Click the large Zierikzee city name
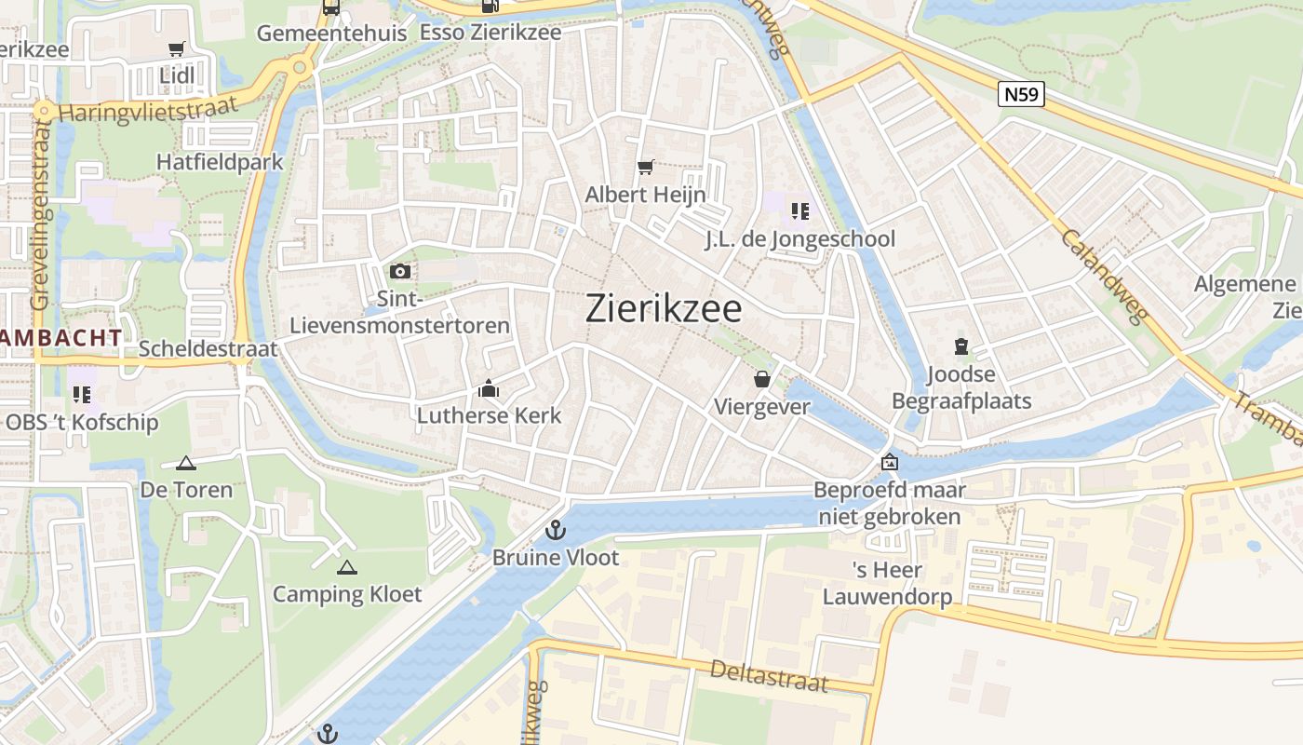(x=664, y=308)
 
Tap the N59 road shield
(x=1021, y=94)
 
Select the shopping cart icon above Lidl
(x=176, y=48)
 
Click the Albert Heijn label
(x=645, y=195)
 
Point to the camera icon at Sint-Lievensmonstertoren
(x=400, y=272)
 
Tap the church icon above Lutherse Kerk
(x=489, y=388)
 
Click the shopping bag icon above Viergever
(x=761, y=379)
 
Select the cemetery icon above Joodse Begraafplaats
(x=961, y=347)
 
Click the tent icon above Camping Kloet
(x=347, y=567)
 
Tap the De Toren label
(x=186, y=489)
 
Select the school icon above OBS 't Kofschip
(x=82, y=395)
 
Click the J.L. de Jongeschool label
(x=799, y=239)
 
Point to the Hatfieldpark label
(x=220, y=161)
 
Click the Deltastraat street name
(x=768, y=675)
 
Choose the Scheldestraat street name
(x=208, y=348)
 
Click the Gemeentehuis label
(x=331, y=33)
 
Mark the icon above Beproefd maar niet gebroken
(x=890, y=462)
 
